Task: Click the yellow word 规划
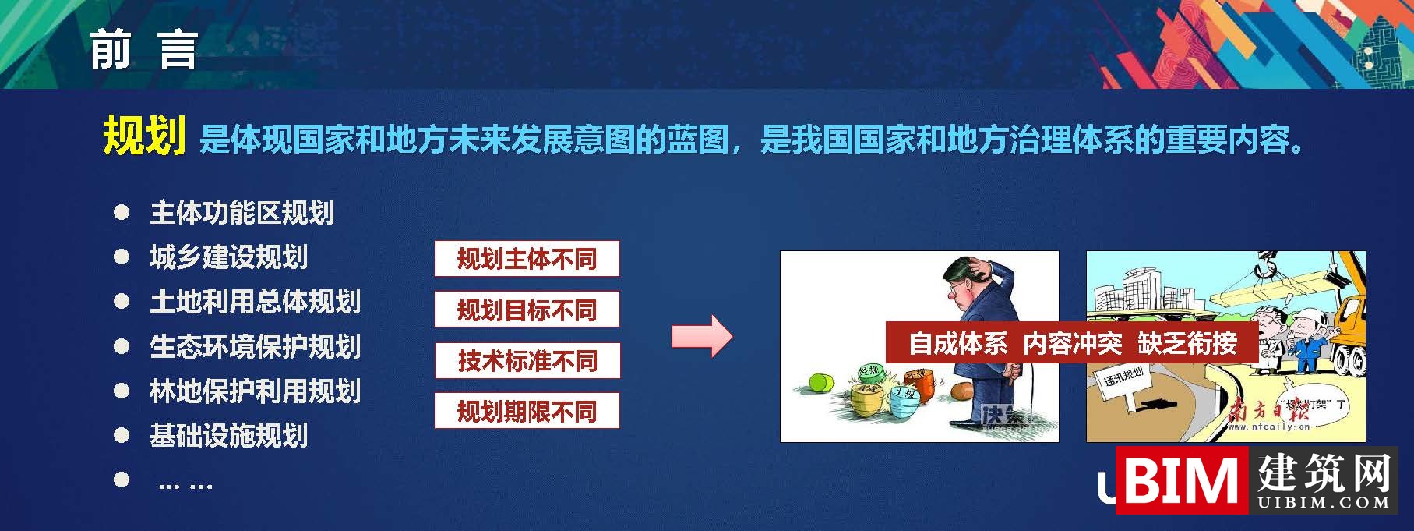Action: [144, 136]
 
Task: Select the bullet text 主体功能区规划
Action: [242, 212]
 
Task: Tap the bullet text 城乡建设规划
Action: [228, 257]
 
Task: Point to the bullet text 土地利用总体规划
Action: [255, 302]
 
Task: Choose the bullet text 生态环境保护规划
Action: [255, 346]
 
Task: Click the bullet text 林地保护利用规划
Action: [255, 391]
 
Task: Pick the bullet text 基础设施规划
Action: [228, 435]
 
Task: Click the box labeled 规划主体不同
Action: [527, 259]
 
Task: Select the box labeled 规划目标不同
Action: [527, 310]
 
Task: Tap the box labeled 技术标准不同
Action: [527, 360]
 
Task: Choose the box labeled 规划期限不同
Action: [527, 411]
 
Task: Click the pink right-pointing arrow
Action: [702, 337]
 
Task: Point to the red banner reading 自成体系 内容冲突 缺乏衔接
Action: [1072, 342]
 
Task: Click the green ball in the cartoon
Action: [822, 383]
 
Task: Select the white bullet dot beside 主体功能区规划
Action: [122, 212]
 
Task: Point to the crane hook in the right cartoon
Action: [1266, 267]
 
